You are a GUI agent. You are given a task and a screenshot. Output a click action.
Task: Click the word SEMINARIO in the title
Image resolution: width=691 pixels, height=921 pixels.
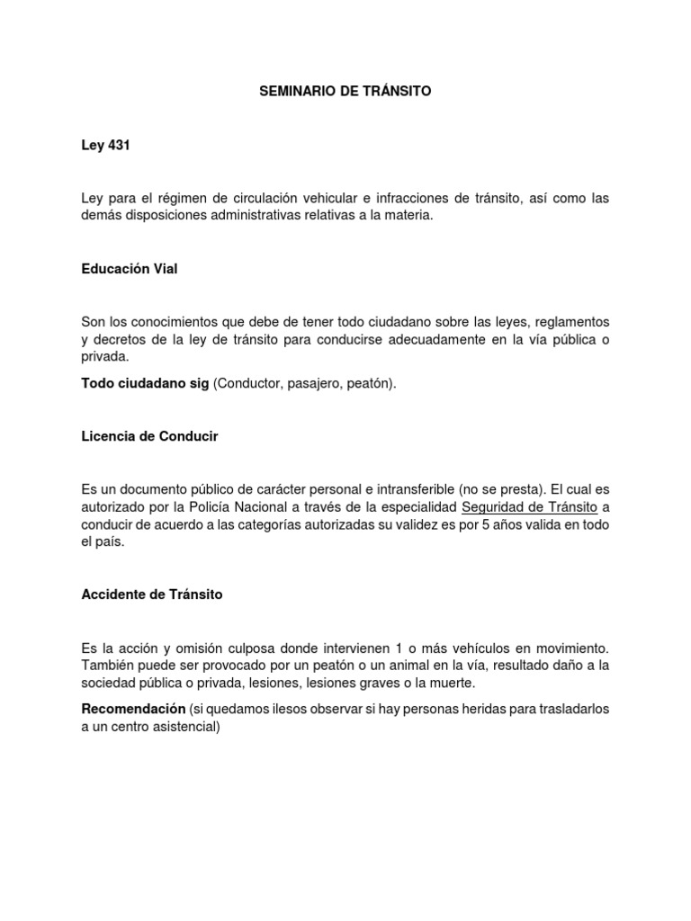292,92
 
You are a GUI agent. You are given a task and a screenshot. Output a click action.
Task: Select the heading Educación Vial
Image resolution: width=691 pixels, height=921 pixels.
129,269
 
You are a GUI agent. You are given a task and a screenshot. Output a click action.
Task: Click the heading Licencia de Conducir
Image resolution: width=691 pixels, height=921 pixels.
149,436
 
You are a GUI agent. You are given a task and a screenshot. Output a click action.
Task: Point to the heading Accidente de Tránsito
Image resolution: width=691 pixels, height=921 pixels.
151,595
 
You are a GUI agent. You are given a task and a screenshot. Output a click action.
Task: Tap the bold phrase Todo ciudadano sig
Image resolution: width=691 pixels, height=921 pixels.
145,384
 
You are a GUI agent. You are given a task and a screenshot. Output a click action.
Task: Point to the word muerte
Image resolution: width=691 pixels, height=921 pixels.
447,682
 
